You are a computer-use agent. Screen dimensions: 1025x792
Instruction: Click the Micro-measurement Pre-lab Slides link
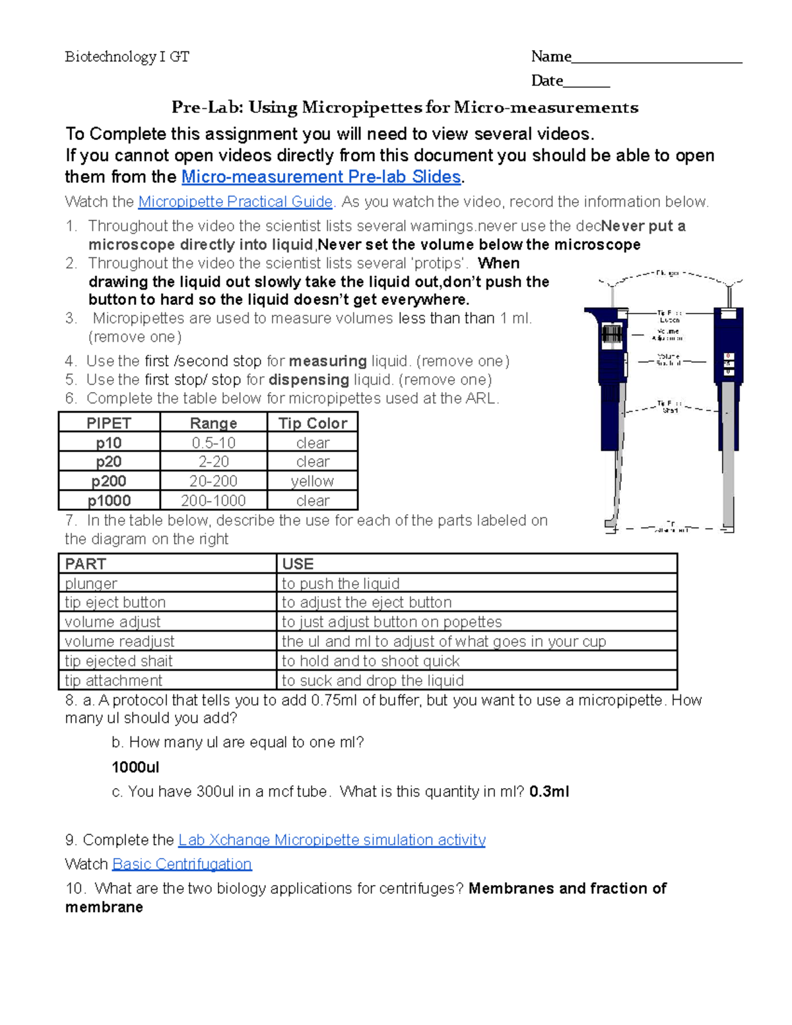click(321, 177)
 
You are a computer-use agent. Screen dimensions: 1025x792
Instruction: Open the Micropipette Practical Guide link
click(235, 202)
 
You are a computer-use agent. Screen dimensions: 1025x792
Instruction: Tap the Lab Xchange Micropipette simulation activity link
click(332, 840)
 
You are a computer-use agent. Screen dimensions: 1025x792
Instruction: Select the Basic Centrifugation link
click(182, 865)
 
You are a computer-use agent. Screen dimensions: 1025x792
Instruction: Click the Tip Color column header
click(312, 423)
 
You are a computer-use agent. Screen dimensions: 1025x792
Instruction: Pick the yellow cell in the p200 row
click(312, 481)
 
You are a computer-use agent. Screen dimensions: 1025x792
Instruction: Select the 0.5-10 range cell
click(213, 443)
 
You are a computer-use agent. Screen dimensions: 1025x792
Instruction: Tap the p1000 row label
click(109, 501)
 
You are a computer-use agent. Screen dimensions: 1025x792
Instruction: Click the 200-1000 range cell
click(213, 501)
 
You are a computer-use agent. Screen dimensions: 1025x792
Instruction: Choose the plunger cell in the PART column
click(91, 583)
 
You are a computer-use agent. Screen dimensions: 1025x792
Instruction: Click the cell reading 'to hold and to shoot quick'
click(370, 661)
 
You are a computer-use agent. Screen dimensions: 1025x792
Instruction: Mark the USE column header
click(298, 564)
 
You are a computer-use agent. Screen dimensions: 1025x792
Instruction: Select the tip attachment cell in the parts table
click(114, 680)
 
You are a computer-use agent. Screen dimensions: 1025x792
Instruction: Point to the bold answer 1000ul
click(135, 768)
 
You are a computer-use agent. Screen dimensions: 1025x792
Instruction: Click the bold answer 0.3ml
click(549, 792)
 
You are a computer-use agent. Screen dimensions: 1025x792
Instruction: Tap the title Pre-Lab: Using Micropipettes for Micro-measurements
click(405, 108)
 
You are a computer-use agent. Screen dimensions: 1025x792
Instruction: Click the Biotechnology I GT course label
click(127, 57)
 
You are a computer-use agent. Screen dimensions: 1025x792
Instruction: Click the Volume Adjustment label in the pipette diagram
click(667, 335)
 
